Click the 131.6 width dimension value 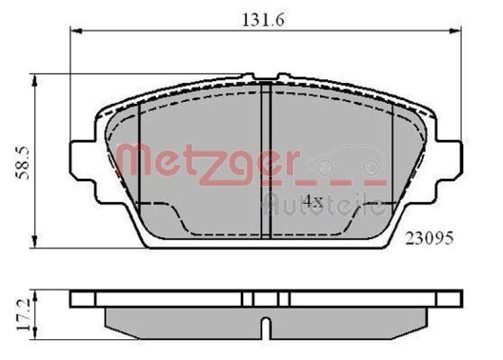pyautogui.click(x=263, y=20)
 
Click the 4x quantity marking pyautogui.click(x=312, y=201)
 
